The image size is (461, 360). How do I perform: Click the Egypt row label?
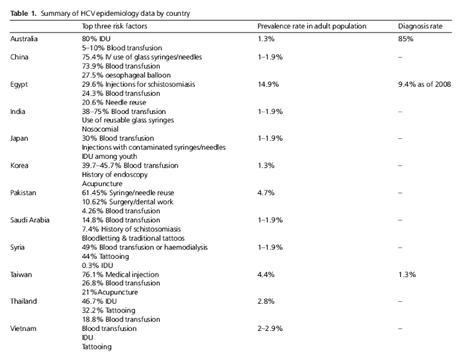pyautogui.click(x=20, y=84)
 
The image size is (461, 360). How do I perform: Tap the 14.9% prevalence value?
pyautogui.click(x=268, y=84)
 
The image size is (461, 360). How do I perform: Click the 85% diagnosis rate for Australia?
pyautogui.click(x=406, y=39)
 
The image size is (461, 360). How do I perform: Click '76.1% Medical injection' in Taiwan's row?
pyautogui.click(x=120, y=274)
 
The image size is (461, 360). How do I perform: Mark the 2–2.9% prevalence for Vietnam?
pyautogui.click(x=270, y=328)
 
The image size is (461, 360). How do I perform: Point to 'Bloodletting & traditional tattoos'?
pyautogui.click(x=133, y=238)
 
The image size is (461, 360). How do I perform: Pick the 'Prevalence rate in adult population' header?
pyautogui.click(x=312, y=26)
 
